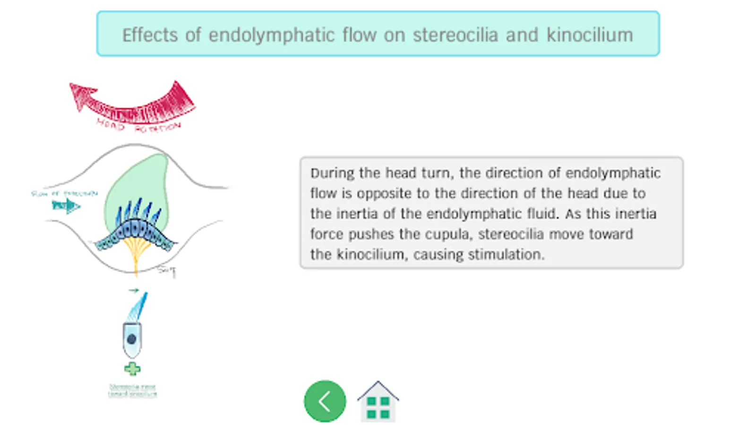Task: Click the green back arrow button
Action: [x=325, y=401]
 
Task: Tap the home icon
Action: [x=378, y=402]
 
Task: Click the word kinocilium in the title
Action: [x=590, y=35]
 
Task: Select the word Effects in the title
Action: [x=150, y=35]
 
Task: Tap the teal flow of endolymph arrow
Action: [x=66, y=205]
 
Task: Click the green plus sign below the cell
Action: [x=132, y=369]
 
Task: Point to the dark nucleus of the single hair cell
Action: [x=132, y=339]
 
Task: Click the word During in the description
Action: [x=332, y=173]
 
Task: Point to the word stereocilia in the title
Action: [x=455, y=35]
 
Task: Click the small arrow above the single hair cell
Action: [x=134, y=290]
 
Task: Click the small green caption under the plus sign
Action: [x=132, y=391]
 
